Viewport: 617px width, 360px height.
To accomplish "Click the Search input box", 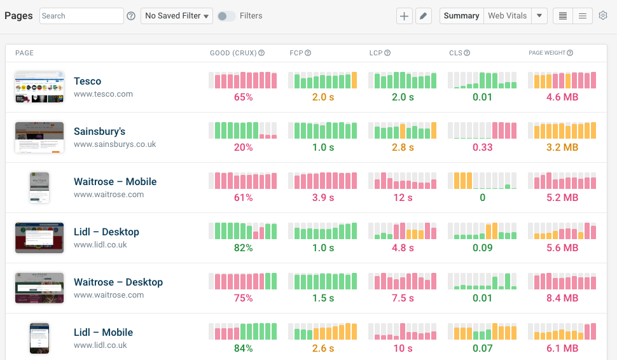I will point(81,16).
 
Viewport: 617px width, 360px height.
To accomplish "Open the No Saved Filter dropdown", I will point(177,16).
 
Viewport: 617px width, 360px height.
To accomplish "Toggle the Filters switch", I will point(226,16).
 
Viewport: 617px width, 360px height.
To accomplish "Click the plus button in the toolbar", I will point(404,16).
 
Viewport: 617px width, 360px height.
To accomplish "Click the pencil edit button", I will point(424,16).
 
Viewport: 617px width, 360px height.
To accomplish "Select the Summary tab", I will point(461,16).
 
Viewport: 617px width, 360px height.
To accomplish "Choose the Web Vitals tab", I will point(507,16).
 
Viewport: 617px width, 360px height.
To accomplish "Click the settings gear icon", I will point(603,16).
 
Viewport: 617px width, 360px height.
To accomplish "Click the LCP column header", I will point(376,53).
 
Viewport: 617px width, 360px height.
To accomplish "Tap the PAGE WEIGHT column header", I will point(546,53).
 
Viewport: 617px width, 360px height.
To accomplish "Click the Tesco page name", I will point(87,81).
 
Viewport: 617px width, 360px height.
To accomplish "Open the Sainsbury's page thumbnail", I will point(39,137).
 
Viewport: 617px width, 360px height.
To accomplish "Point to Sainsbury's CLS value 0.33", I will point(482,148).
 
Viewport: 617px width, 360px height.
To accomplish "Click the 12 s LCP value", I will point(403,198).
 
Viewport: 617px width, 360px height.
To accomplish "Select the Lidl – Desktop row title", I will point(106,232).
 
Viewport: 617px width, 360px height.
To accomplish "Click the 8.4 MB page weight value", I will point(562,298).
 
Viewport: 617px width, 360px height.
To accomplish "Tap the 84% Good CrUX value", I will point(243,349).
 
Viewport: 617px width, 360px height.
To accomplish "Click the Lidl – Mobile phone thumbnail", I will point(39,338).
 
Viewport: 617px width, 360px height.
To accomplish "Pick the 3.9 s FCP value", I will point(323,198).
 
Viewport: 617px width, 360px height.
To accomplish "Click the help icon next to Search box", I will point(131,16).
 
